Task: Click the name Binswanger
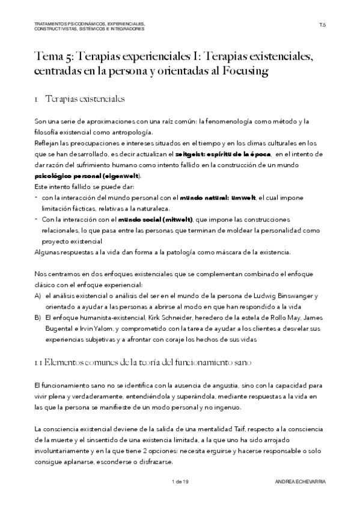point(294,296)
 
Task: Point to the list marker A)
point(38,296)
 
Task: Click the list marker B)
point(38,318)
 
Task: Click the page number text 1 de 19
point(180,482)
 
